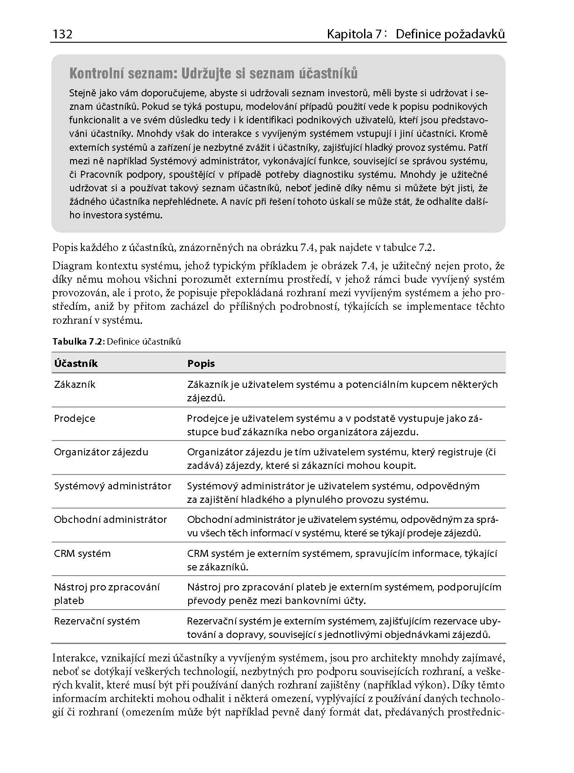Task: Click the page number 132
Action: click(x=62, y=34)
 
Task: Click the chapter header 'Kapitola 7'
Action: click(x=355, y=34)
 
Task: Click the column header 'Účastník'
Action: click(x=76, y=363)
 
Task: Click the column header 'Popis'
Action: click(x=201, y=363)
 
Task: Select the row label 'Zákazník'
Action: click(x=74, y=384)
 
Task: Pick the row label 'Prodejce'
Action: click(x=74, y=418)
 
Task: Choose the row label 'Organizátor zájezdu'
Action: click(x=101, y=452)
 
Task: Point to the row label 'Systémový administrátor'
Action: click(x=112, y=486)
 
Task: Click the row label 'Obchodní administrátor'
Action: click(x=110, y=519)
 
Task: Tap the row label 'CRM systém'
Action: click(x=82, y=553)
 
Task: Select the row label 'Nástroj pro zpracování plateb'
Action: click(x=107, y=593)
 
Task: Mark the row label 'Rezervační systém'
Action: click(x=97, y=621)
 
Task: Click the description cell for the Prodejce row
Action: click(x=334, y=425)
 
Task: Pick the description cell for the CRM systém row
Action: click(x=342, y=560)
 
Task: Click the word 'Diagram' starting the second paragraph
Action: click(x=72, y=265)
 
